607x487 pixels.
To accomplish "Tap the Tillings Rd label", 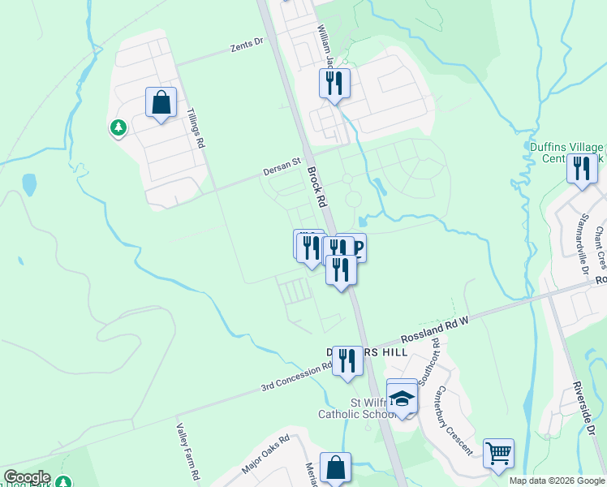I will tap(195, 128).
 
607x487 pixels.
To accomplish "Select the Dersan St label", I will tap(282, 170).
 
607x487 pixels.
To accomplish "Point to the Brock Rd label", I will tap(316, 187).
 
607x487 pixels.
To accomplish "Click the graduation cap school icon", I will tap(403, 398).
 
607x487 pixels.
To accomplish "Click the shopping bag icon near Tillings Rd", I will tap(161, 103).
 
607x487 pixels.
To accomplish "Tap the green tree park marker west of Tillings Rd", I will tap(118, 127).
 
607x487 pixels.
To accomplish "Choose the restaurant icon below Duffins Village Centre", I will tap(582, 169).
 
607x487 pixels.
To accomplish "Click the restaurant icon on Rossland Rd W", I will tap(347, 361).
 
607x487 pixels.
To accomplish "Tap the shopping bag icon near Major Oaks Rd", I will tap(335, 468).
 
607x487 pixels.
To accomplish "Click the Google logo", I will tap(27, 477).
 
